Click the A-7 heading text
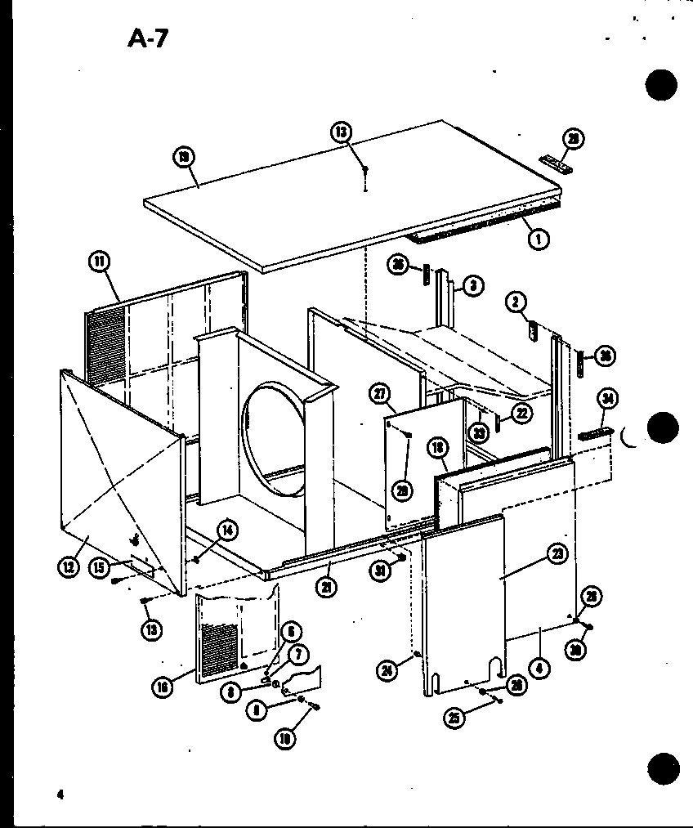point(147,38)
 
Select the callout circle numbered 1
point(539,239)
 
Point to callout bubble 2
point(514,302)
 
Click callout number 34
point(607,399)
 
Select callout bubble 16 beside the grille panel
point(163,689)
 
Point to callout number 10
point(286,739)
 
